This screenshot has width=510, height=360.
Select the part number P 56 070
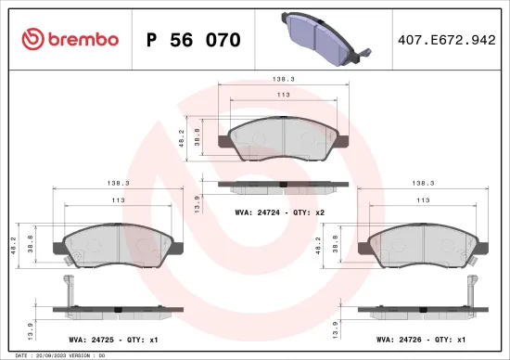194,40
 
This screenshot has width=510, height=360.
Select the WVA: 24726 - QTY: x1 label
427,340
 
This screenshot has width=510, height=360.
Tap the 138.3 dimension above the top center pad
284,81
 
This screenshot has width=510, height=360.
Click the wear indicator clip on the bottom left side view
68,287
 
